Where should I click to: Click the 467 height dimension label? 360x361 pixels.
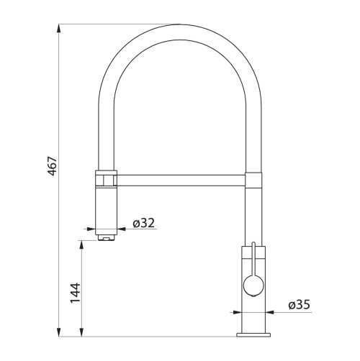(53, 166)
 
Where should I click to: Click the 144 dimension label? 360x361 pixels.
(75, 293)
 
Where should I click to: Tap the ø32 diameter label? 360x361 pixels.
(144, 223)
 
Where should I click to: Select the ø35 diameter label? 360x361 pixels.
(300, 305)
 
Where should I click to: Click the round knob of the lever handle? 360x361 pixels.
(253, 285)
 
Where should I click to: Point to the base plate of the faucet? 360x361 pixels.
(253, 335)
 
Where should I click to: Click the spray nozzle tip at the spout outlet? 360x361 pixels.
(107, 238)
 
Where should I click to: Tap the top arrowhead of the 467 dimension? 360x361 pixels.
(59, 29)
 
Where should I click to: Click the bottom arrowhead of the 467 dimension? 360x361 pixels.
(59, 332)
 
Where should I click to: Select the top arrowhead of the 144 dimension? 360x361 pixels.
(82, 245)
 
